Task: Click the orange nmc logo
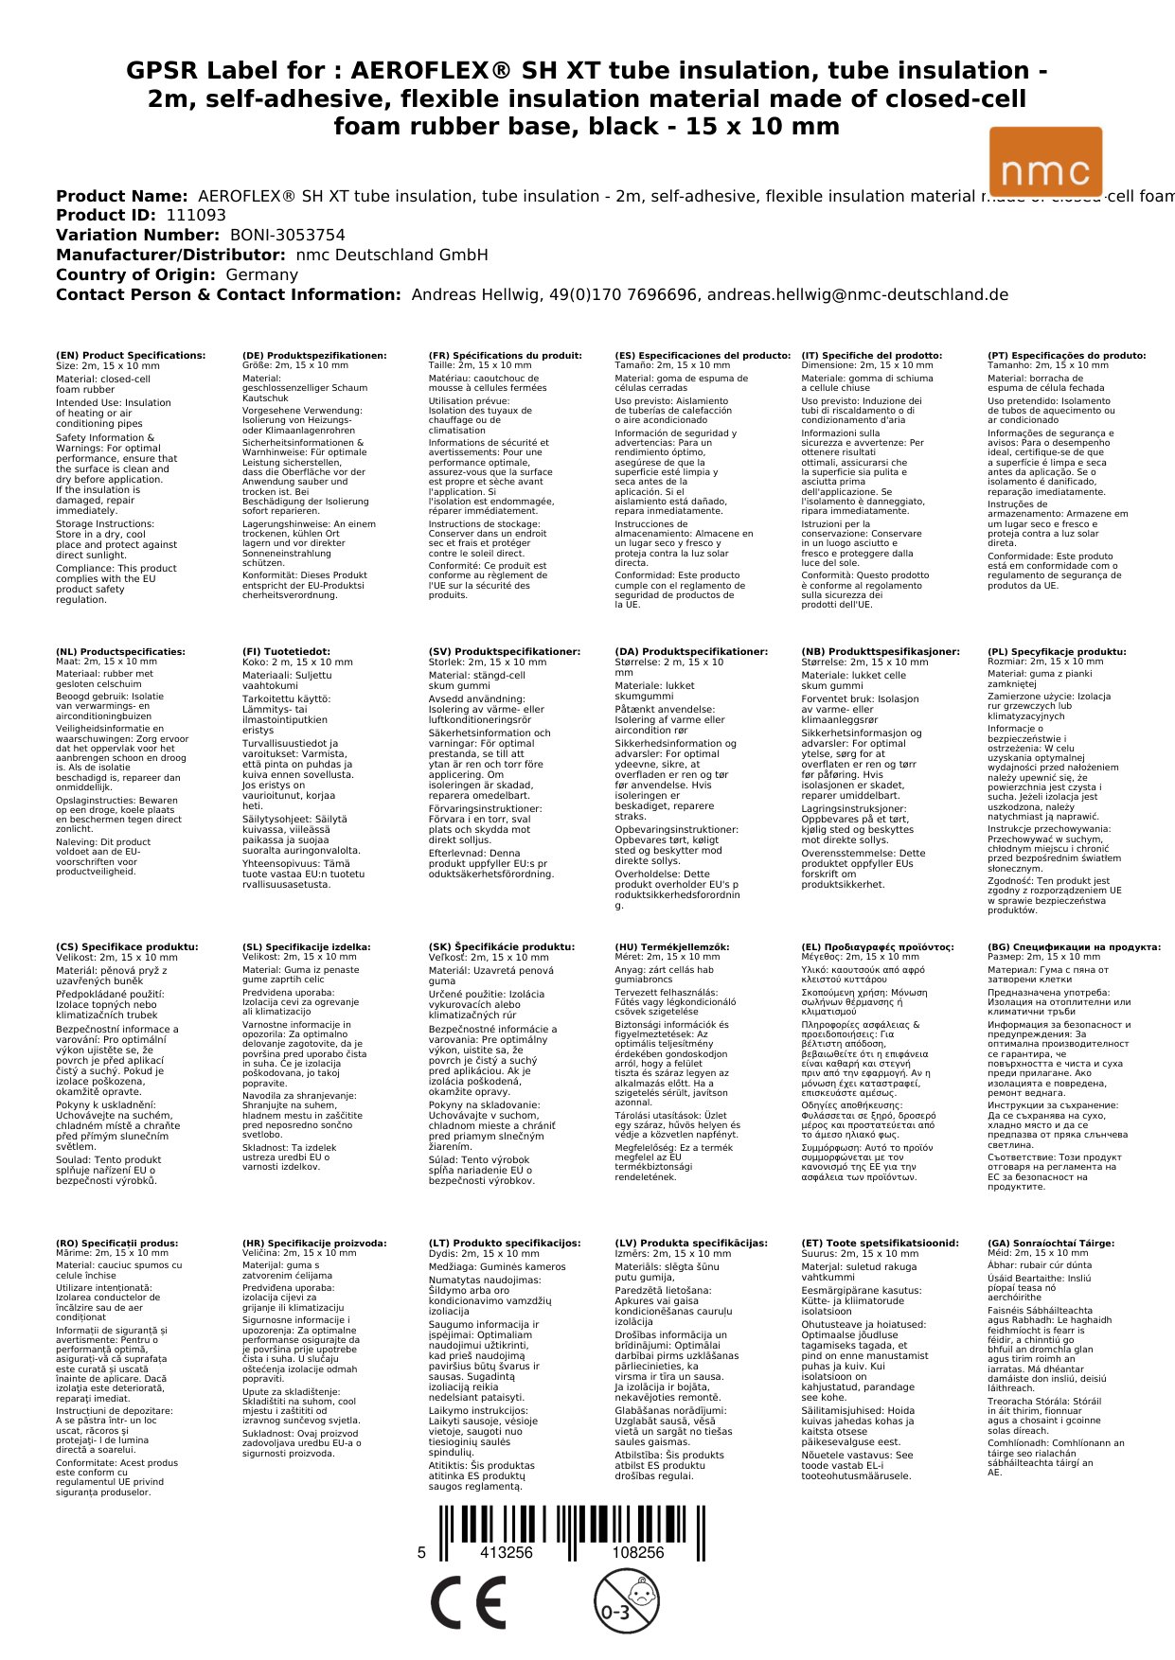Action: [x=1045, y=162]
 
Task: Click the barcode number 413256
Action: [x=507, y=1552]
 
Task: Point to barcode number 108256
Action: [x=638, y=1552]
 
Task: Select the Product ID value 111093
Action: [x=196, y=216]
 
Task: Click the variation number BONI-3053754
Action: [x=288, y=236]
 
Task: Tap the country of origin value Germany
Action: [x=261, y=275]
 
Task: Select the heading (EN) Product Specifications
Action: [x=131, y=356]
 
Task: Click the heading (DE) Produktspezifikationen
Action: [x=314, y=356]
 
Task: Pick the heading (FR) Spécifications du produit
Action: [x=505, y=356]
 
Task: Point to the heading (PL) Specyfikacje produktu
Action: [x=1057, y=652]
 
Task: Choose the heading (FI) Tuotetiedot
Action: [x=286, y=652]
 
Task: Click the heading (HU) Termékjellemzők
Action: [x=672, y=947]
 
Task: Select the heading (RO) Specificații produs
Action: [x=117, y=1244]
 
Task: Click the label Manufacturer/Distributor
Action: [x=170, y=256]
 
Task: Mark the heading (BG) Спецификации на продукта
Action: [x=1074, y=947]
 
